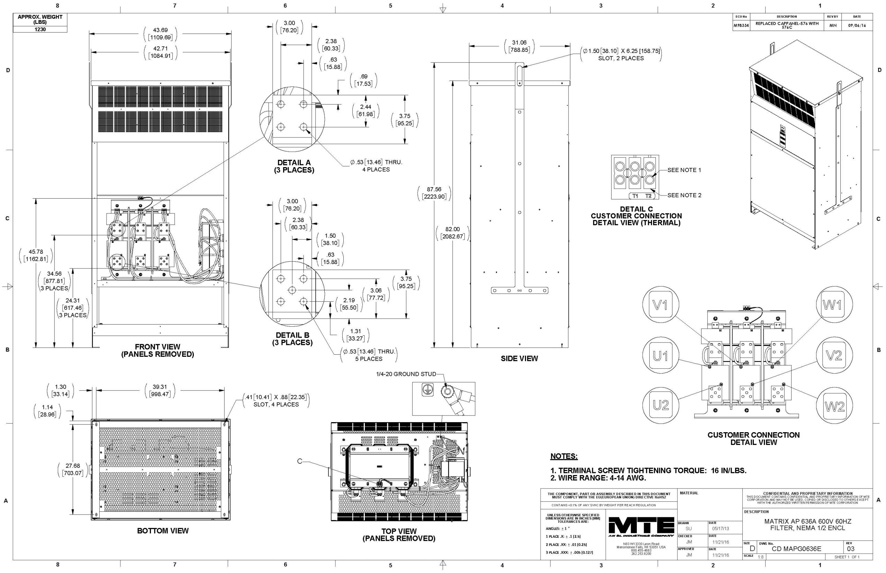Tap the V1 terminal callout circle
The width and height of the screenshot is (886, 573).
pos(660,304)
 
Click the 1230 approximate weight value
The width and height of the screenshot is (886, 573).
pos(40,29)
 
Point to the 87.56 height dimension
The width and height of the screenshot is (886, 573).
pos(434,189)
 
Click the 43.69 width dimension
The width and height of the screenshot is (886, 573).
pos(160,30)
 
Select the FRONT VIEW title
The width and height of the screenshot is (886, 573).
pos(157,347)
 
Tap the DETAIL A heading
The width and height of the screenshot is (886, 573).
pos(293,163)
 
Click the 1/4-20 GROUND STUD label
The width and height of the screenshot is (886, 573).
pos(406,374)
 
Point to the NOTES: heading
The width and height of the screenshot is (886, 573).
pos(564,456)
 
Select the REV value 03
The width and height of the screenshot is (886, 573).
pos(851,549)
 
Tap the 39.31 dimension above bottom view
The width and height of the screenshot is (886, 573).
pos(160,387)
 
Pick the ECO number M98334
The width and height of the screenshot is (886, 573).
pos(741,26)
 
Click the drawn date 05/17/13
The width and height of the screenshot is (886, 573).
pos(721,528)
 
